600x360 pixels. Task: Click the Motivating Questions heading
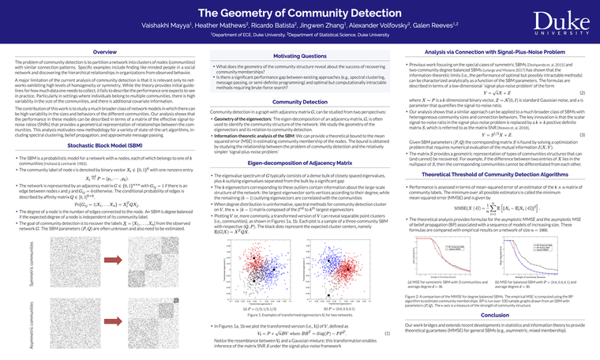point(299,56)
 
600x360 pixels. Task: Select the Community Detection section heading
point(299,102)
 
